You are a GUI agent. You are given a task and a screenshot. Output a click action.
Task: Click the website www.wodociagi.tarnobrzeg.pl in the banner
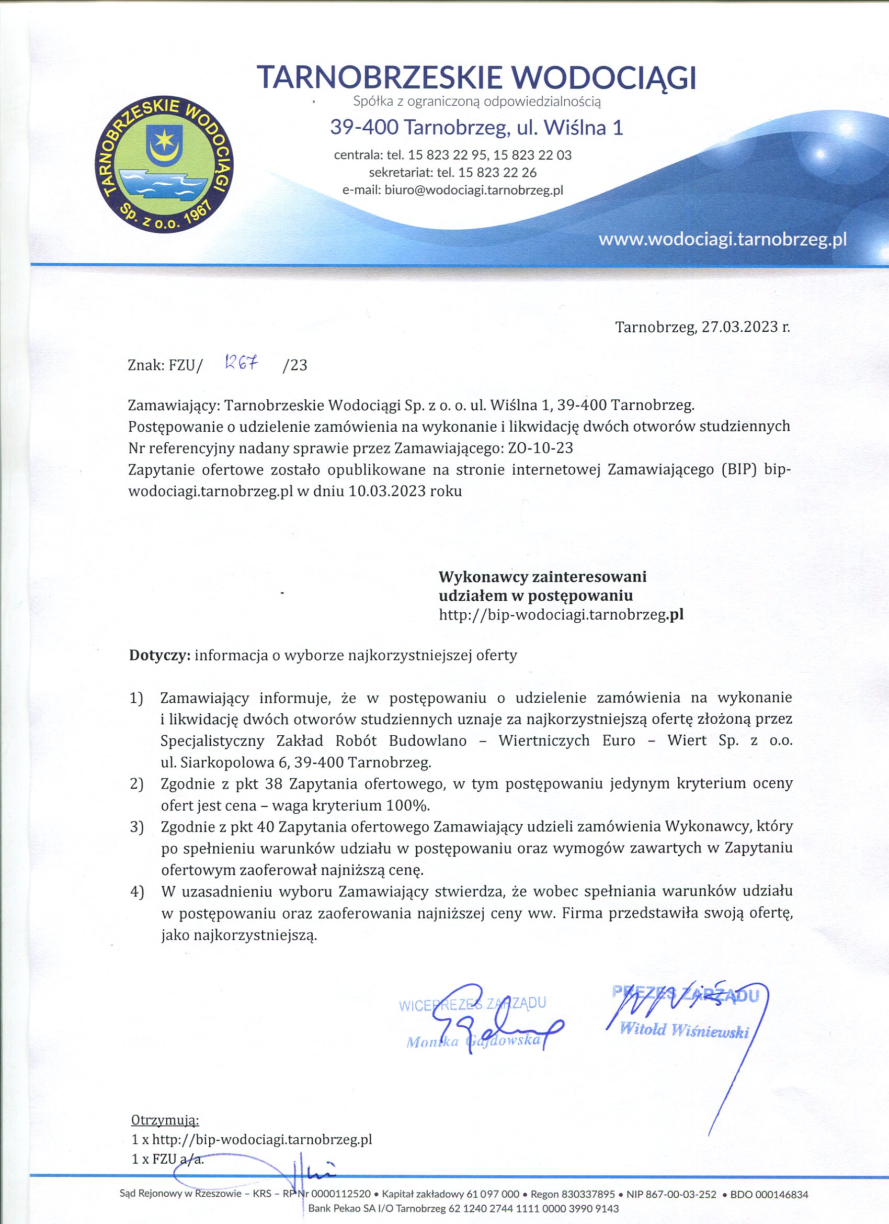pos(722,239)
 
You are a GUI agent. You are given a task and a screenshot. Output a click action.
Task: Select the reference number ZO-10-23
pos(541,448)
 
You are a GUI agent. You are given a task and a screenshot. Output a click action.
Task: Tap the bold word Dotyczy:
pos(159,655)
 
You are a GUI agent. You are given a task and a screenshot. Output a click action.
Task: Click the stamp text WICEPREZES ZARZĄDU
pos(473,1004)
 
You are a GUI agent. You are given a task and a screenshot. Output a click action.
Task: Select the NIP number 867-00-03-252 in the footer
pos(677,1195)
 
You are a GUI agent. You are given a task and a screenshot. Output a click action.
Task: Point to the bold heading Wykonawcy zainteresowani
pos(542,577)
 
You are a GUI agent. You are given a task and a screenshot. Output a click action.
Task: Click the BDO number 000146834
pos(780,1195)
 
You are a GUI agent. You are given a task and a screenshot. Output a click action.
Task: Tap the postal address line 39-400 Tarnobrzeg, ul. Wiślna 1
pos(476,128)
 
